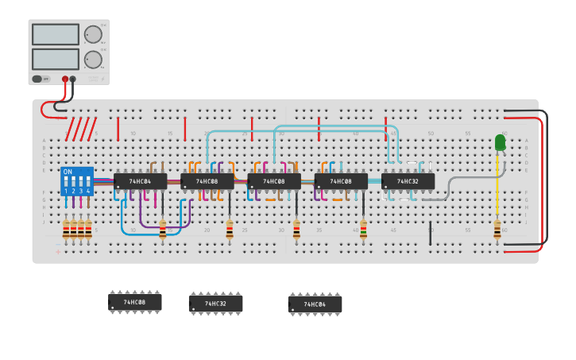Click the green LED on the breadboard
pyautogui.click(x=500, y=142)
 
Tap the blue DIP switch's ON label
pyautogui.click(x=68, y=172)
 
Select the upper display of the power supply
pyautogui.click(x=55, y=34)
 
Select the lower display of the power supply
pyautogui.click(x=55, y=59)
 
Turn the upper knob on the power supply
pyautogui.click(x=93, y=34)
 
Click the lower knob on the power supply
pyautogui.click(x=93, y=60)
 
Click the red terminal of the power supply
pyautogui.click(x=65, y=79)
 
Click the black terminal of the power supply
pyautogui.click(x=73, y=79)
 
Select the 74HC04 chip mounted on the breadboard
pyautogui.click(x=140, y=181)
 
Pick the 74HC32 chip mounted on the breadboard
pyautogui.click(x=408, y=181)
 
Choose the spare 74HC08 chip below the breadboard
pyautogui.click(x=135, y=302)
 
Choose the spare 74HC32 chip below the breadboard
pyautogui.click(x=215, y=304)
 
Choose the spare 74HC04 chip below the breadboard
pyautogui.click(x=315, y=304)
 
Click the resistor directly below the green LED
pyautogui.click(x=497, y=230)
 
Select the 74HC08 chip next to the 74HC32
pyautogui.click(x=341, y=181)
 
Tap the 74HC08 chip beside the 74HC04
pyautogui.click(x=207, y=181)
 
